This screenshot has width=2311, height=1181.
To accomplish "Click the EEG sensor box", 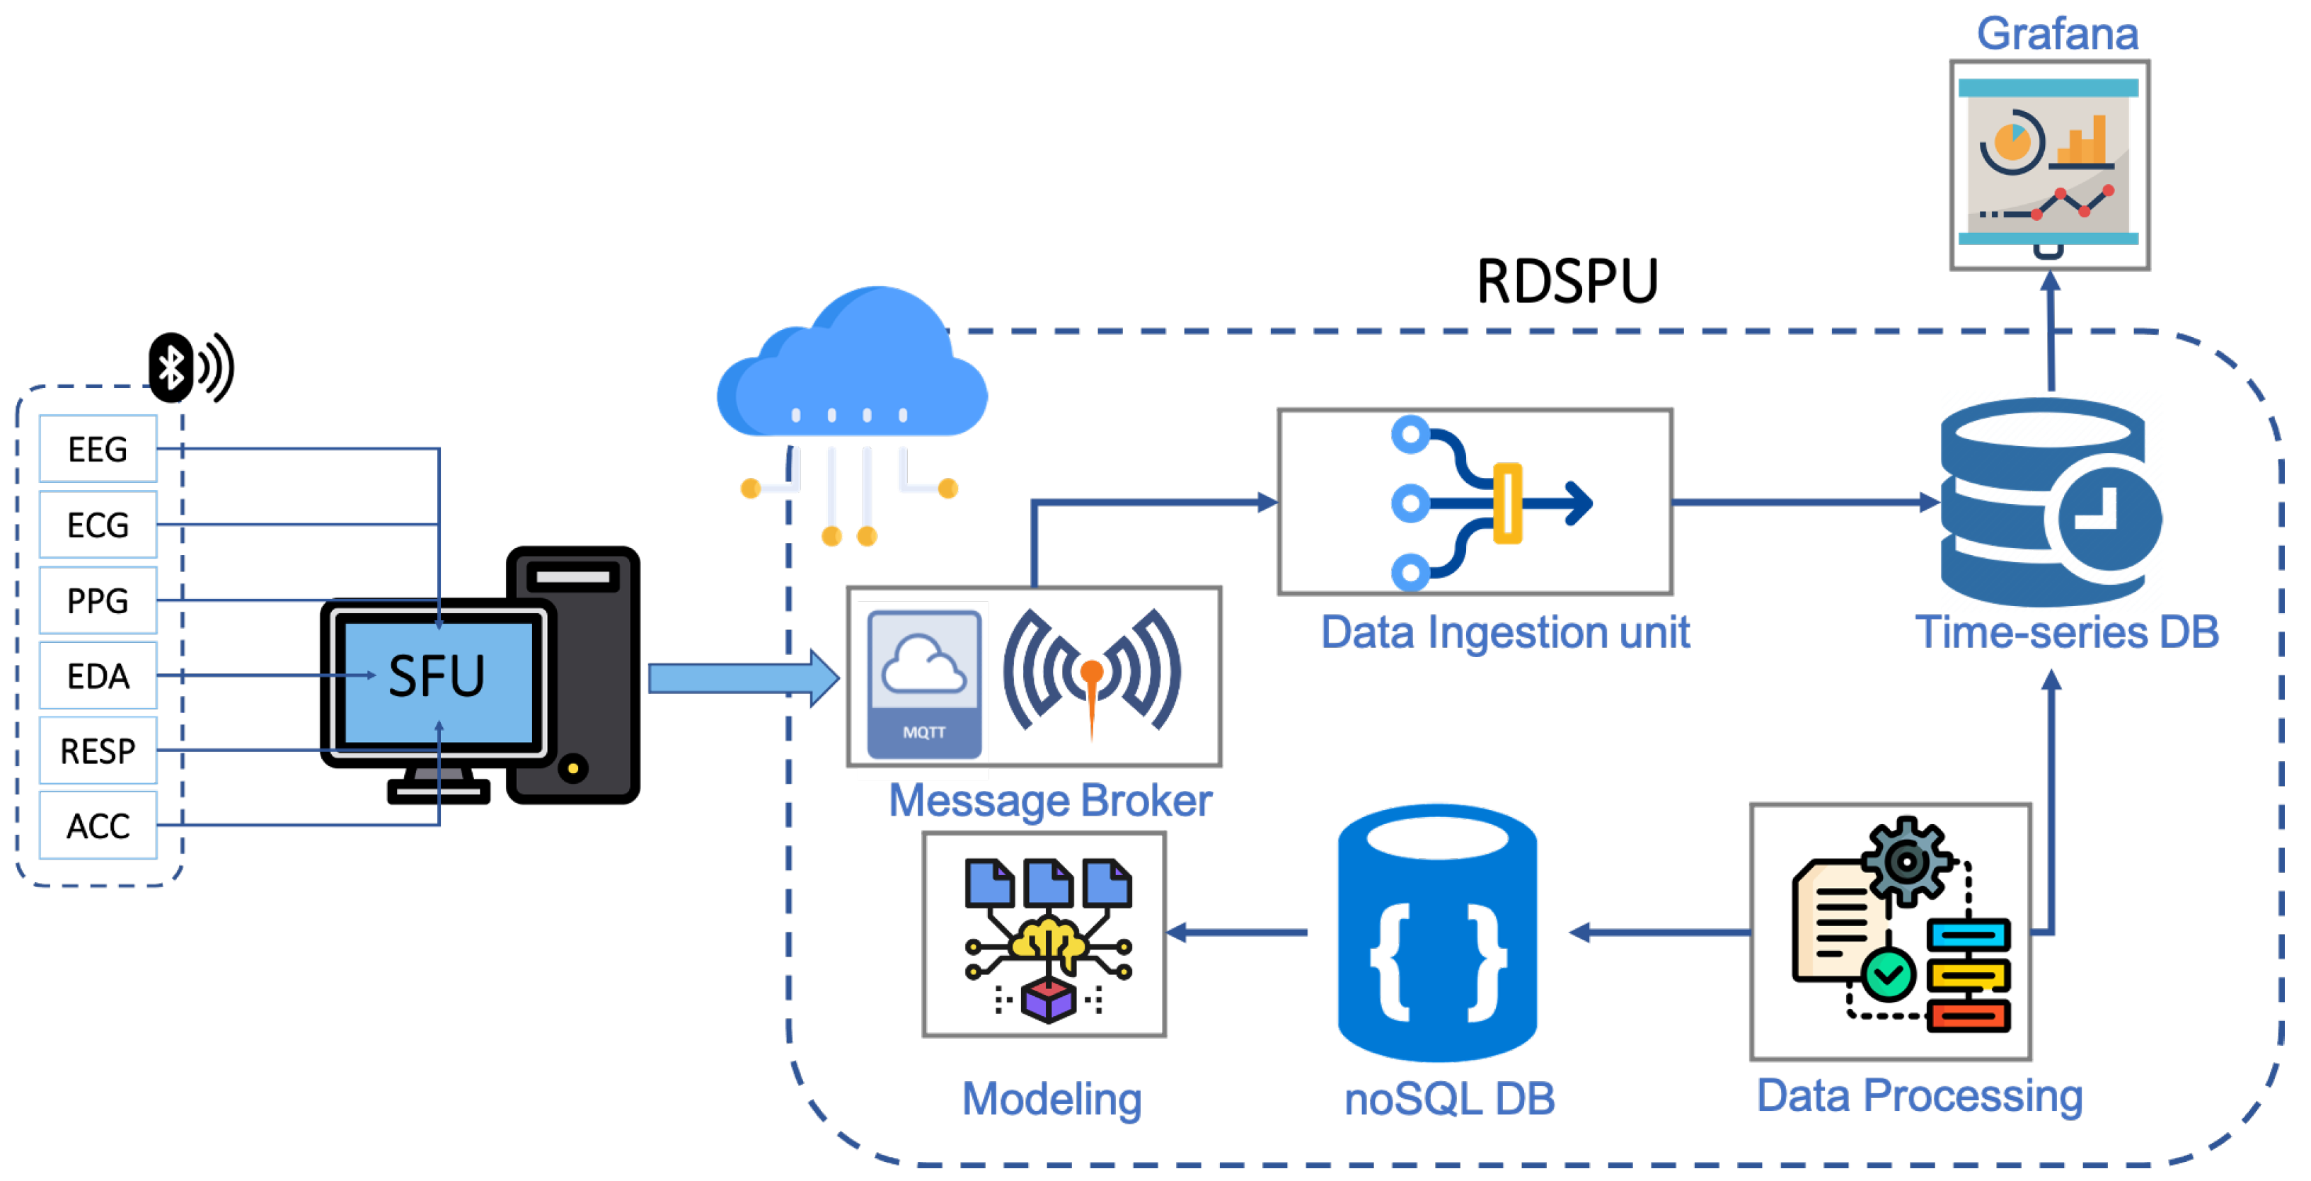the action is click(98, 449).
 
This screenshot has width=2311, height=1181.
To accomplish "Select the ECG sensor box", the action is click(98, 524).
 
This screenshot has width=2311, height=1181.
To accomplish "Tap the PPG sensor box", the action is click(98, 600).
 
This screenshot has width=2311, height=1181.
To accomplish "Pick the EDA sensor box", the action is click(98, 675).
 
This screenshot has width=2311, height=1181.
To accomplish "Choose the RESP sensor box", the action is click(98, 751).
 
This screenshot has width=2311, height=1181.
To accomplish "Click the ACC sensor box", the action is click(98, 826).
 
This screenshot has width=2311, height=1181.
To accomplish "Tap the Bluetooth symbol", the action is click(171, 367).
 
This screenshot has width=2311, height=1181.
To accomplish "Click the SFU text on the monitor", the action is click(437, 675).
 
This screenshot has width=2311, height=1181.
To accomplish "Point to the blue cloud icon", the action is click(852, 363).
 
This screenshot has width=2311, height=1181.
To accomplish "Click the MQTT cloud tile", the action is click(924, 684).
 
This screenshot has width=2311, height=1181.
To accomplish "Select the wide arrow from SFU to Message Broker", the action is click(744, 678).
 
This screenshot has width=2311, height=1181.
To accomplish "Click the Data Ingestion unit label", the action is click(1504, 633).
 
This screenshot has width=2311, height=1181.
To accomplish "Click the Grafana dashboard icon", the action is click(2049, 165).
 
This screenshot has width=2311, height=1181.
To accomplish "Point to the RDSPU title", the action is click(1567, 282).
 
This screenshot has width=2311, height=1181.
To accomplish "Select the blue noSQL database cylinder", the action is click(1437, 933).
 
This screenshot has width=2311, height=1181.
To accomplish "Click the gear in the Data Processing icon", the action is click(1906, 862).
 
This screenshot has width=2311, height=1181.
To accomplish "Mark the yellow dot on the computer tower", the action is click(573, 768).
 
